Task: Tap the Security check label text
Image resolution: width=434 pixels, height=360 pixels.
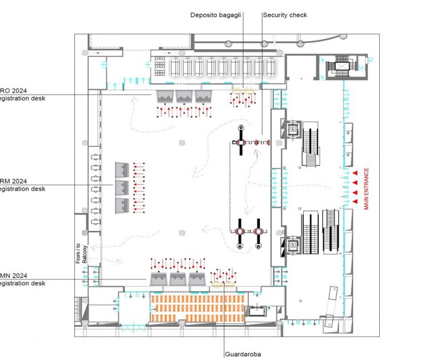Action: coord(284,15)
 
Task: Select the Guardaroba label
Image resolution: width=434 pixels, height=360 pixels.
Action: coord(243,354)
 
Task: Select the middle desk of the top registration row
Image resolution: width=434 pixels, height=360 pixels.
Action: coord(184,96)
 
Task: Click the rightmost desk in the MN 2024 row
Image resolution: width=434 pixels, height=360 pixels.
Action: coord(198,279)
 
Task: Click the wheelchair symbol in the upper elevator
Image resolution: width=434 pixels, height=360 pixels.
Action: coord(292,130)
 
